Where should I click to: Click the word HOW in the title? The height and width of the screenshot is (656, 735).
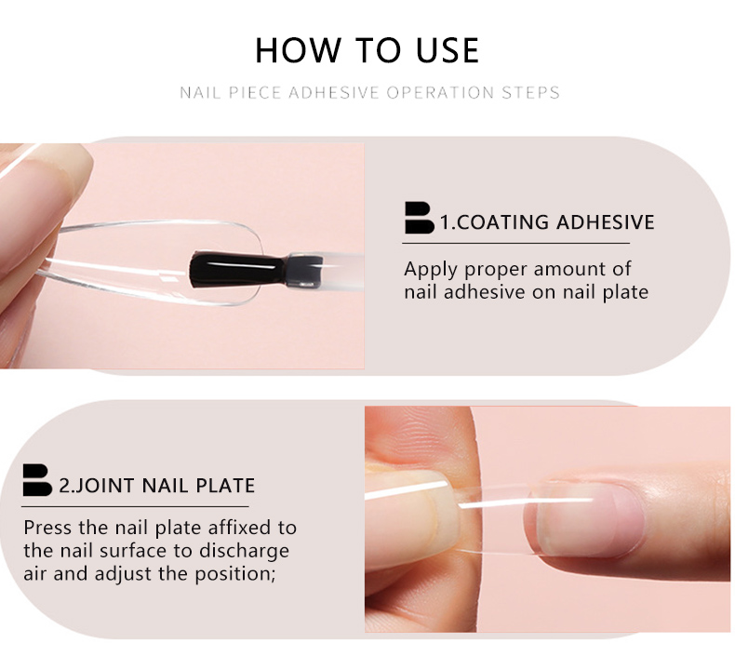click(297, 49)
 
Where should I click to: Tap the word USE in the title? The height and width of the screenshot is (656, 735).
click(448, 49)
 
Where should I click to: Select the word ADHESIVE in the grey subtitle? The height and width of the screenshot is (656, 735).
click(334, 92)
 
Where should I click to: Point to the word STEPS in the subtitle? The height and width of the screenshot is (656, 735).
click(530, 92)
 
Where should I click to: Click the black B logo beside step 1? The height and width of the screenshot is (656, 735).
click(419, 218)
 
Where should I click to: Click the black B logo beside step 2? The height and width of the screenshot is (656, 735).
click(37, 480)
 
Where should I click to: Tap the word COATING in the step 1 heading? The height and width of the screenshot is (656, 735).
click(502, 222)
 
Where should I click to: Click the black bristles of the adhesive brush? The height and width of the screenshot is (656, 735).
click(236, 270)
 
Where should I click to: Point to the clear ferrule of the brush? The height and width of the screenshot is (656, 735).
click(303, 270)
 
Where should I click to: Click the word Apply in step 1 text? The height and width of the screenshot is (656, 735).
click(431, 270)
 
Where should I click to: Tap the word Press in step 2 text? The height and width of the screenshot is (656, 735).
click(47, 528)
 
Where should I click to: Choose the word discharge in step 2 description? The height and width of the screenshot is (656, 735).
click(244, 552)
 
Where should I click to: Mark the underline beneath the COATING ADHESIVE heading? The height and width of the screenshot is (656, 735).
click(515, 244)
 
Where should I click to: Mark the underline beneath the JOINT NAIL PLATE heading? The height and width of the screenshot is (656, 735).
click(135, 506)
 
